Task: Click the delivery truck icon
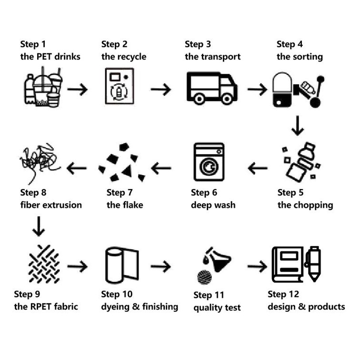(x=211, y=88)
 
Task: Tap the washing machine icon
(x=208, y=161)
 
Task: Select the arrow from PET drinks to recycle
(x=77, y=89)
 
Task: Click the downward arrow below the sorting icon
(x=298, y=125)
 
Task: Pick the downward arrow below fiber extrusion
(x=39, y=226)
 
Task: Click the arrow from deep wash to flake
(x=161, y=167)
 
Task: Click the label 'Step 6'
(x=204, y=193)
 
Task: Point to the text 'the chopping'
(x=305, y=205)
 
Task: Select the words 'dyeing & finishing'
(x=140, y=306)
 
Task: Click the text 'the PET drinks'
(x=50, y=57)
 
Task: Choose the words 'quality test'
(x=217, y=308)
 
